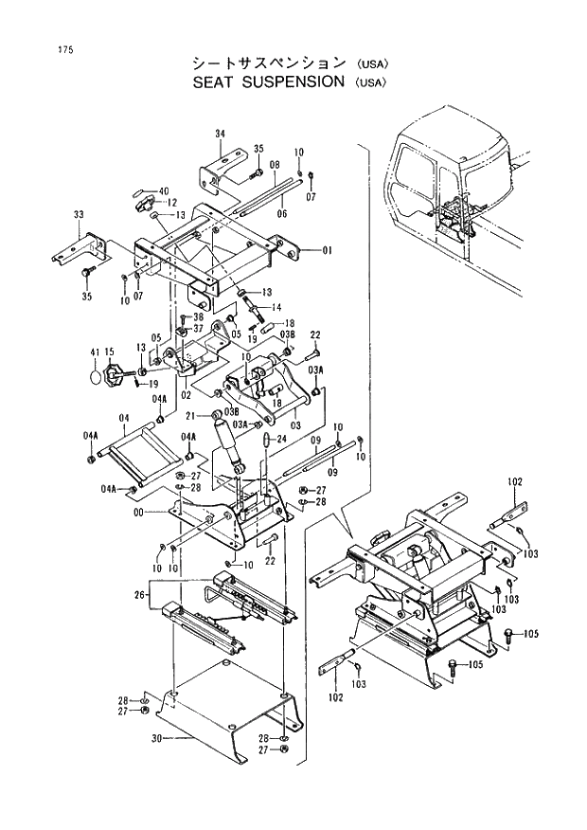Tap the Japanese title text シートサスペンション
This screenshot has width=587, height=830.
[269, 63]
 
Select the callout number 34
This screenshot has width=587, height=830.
[219, 133]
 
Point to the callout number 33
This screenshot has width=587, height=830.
[79, 215]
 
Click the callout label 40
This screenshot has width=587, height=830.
[164, 190]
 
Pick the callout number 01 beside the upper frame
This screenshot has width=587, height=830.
[328, 251]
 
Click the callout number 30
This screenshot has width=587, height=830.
[156, 737]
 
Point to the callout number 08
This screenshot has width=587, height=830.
[275, 164]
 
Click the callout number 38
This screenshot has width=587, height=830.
[199, 316]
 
